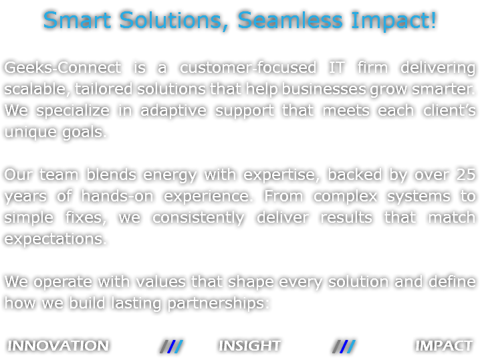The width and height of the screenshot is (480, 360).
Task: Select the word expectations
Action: pos(55,240)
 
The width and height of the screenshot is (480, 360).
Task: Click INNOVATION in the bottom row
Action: pos(58,346)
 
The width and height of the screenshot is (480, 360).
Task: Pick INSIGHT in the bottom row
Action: pos(249,346)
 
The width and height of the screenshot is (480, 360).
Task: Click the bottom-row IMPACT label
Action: pos(443,346)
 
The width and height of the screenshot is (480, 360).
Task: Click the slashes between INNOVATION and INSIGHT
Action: pos(172,346)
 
